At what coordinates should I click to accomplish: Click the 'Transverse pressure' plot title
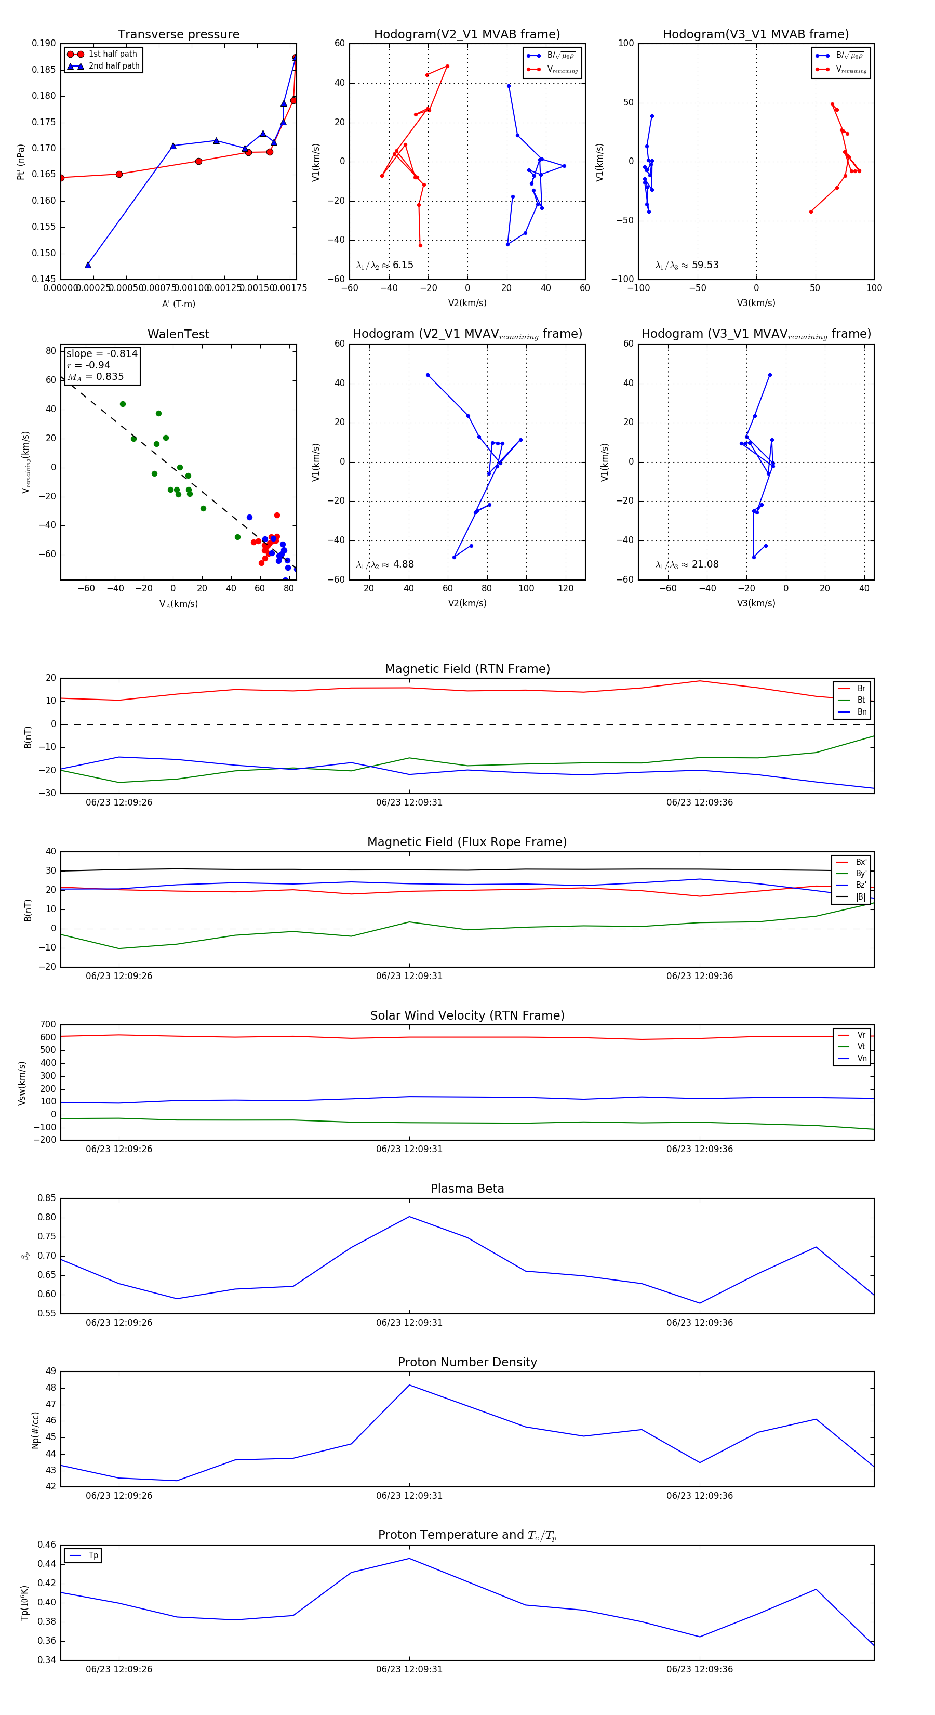coord(178,35)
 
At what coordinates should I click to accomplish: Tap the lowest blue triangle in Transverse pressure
coord(88,265)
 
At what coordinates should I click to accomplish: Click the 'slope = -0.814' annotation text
coord(102,353)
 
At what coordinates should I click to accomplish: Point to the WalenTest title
coord(178,334)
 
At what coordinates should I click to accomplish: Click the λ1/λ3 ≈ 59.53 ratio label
coord(687,265)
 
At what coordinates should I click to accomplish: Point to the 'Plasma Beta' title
coord(467,1189)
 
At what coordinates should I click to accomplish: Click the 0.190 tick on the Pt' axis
coord(44,43)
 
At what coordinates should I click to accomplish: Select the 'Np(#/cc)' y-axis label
coord(36,1430)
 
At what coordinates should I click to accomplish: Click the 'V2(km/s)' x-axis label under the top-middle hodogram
coord(467,303)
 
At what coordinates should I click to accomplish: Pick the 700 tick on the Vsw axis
coord(48,1025)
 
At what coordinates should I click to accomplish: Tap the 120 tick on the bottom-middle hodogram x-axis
coord(566,588)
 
